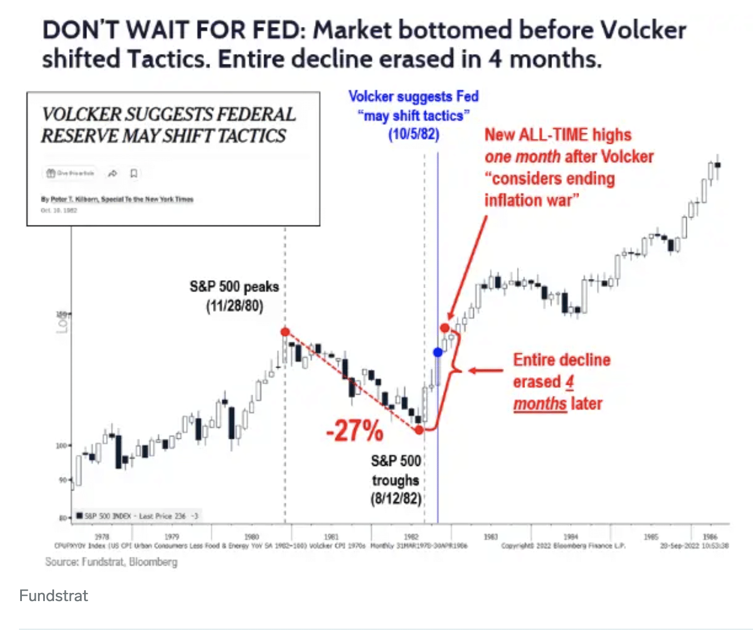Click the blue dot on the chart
[438, 352]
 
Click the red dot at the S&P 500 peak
[285, 332]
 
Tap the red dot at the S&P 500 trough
[419, 430]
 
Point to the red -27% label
[355, 430]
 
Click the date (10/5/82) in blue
[413, 135]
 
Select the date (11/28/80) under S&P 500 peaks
[234, 305]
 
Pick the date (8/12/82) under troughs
[395, 498]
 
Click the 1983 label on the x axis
[490, 537]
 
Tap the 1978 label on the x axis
[102, 537]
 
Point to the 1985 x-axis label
[651, 537]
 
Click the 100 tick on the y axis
[61, 446]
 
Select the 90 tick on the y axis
[63, 480]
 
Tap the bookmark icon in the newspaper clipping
[134, 173]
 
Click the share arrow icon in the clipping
[113, 173]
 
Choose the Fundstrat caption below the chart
[54, 595]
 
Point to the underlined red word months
[540, 404]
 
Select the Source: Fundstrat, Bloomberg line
[111, 562]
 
